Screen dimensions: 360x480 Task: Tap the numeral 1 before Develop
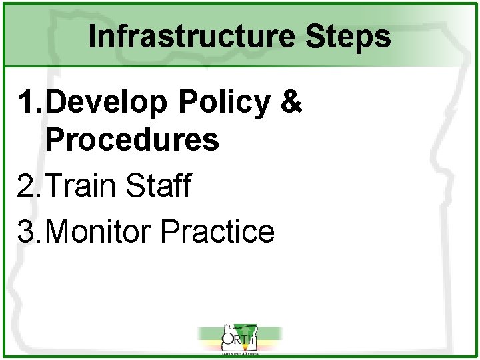tap(29, 103)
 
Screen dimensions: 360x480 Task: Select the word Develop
tap(107, 103)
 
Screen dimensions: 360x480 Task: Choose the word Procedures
tap(132, 140)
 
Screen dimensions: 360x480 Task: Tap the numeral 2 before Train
tap(29, 186)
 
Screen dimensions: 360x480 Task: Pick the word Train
tap(85, 186)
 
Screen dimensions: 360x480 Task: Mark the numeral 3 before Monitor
tap(29, 231)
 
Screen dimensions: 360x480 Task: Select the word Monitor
tap(101, 231)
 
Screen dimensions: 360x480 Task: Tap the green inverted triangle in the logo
tap(249, 333)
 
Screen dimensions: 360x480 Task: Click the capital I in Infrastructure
tap(93, 37)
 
